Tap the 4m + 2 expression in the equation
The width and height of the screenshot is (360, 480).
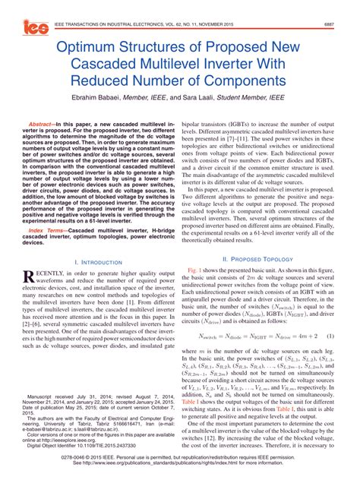(305, 336)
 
